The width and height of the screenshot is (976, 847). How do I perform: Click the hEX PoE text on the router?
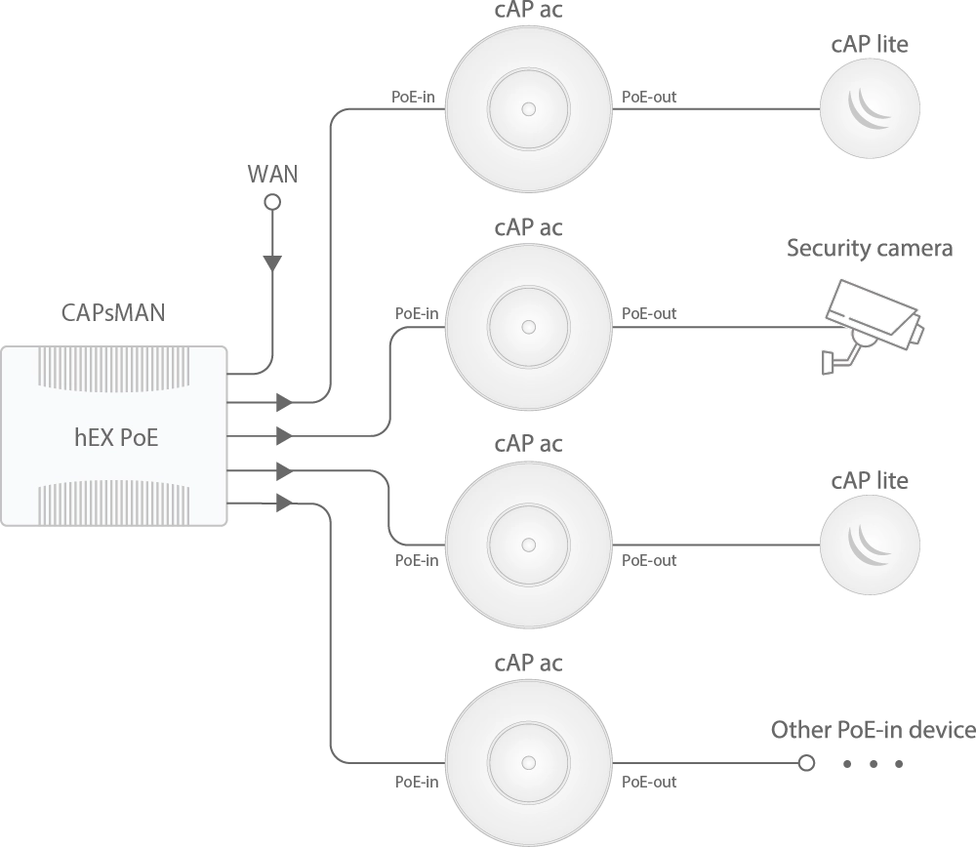point(116,437)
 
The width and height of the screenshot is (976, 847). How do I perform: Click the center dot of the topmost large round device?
point(529,108)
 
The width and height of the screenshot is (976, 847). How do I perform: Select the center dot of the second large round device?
point(529,326)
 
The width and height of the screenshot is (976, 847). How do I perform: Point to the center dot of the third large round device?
point(529,544)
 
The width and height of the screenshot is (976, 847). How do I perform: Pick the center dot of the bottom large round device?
point(529,762)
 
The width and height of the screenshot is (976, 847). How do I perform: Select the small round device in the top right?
point(870,108)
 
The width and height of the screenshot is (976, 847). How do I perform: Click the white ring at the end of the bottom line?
point(806,762)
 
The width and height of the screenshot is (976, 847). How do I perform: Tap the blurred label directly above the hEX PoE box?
point(108,312)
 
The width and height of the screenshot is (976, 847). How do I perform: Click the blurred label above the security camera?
point(866,248)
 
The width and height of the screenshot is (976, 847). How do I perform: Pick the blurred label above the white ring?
point(870,730)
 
